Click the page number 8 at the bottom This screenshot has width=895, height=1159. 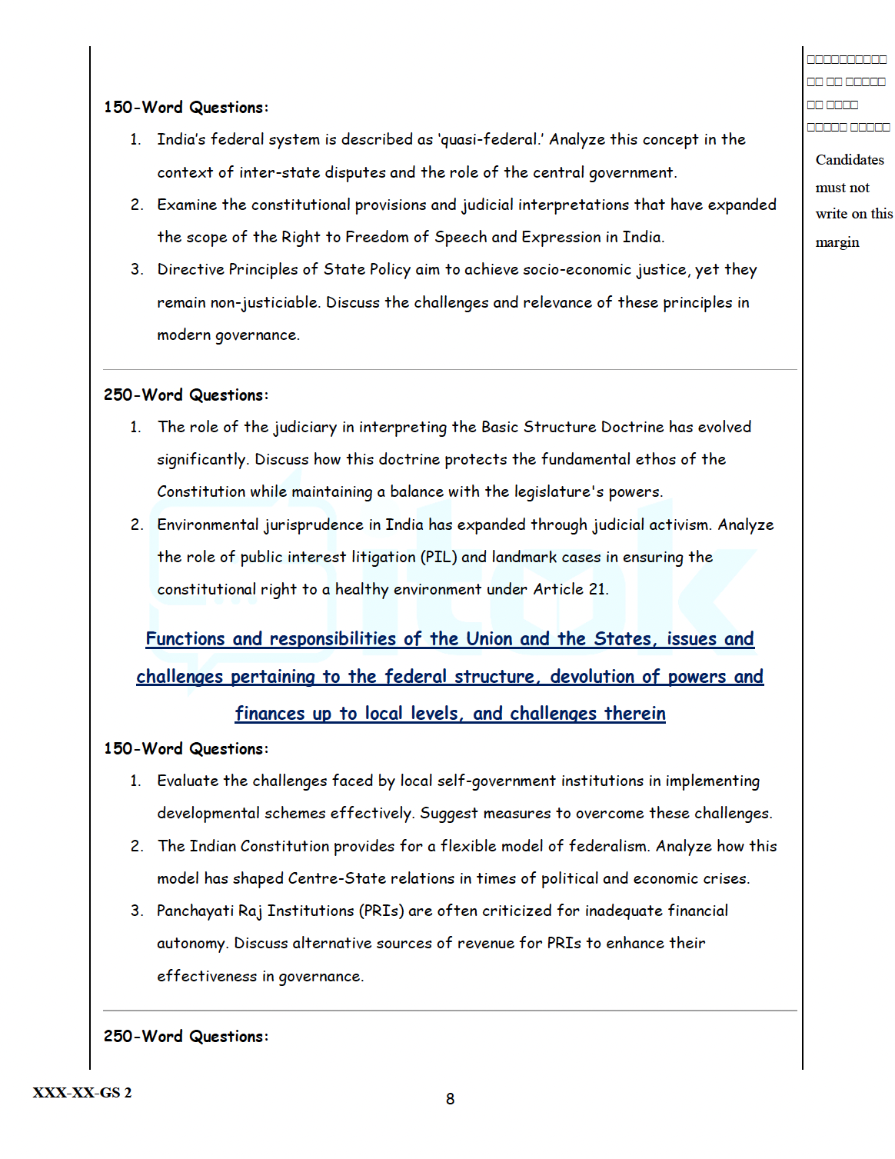click(450, 1099)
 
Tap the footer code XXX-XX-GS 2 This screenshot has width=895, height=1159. click(82, 1093)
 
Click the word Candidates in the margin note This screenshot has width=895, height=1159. click(850, 160)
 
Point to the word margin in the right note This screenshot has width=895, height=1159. click(837, 242)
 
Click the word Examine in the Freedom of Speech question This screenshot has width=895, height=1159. click(188, 205)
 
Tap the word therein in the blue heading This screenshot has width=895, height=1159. click(634, 714)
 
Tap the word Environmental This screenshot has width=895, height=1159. click(208, 525)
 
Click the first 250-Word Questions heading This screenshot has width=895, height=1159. click(186, 395)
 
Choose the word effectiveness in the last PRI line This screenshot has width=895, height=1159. click(207, 976)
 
